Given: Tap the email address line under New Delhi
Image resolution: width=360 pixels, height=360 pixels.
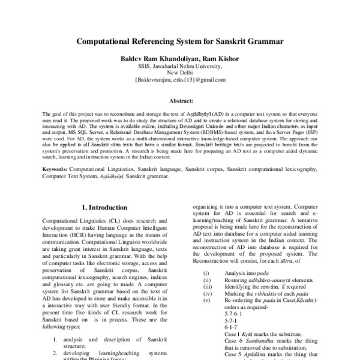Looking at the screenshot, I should (x=180, y=79).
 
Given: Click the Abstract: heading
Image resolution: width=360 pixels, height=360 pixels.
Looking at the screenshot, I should (x=180, y=102).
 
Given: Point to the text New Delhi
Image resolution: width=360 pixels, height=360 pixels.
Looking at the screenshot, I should (x=181, y=72).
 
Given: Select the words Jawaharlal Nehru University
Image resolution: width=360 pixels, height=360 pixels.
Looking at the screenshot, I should (x=189, y=66).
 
